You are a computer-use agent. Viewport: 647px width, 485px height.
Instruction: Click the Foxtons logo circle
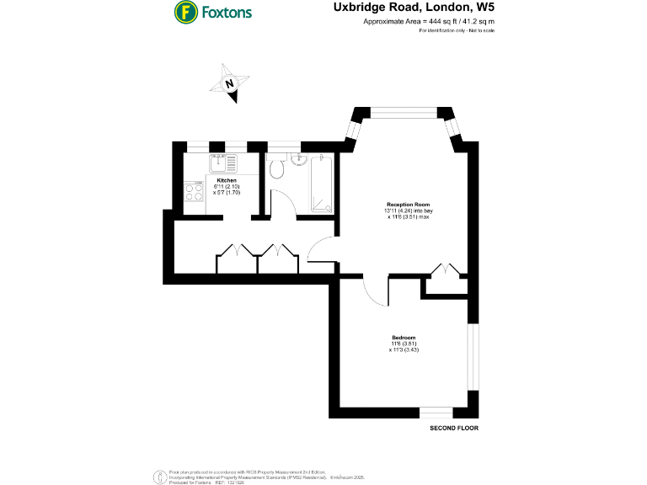point(185,13)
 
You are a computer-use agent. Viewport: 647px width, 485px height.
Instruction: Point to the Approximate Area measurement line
point(428,21)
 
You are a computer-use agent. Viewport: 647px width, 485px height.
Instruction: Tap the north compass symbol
point(230,83)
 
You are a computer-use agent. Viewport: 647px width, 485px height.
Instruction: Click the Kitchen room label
point(227,180)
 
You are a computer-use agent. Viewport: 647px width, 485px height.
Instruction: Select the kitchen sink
point(225,163)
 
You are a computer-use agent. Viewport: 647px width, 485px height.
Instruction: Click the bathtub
point(320,183)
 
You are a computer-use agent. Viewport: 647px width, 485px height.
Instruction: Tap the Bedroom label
point(403,338)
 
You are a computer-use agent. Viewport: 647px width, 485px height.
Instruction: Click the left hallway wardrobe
point(237,260)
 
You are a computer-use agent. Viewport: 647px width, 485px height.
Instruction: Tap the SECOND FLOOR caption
point(454,429)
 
